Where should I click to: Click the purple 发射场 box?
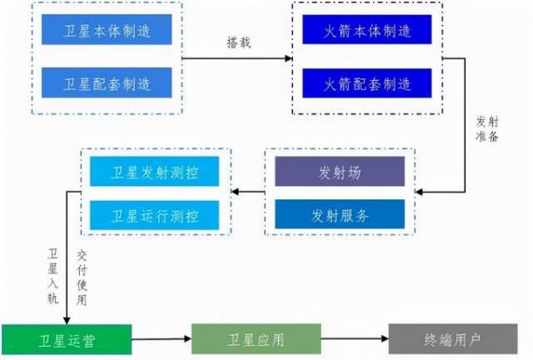pyautogui.click(x=338, y=172)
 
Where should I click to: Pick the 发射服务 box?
pyautogui.click(x=338, y=214)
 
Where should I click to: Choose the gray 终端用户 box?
pyautogui.click(x=453, y=339)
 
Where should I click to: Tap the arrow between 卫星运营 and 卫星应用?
pyautogui.click(x=162, y=339)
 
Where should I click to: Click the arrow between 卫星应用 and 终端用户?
pyautogui.click(x=355, y=339)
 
